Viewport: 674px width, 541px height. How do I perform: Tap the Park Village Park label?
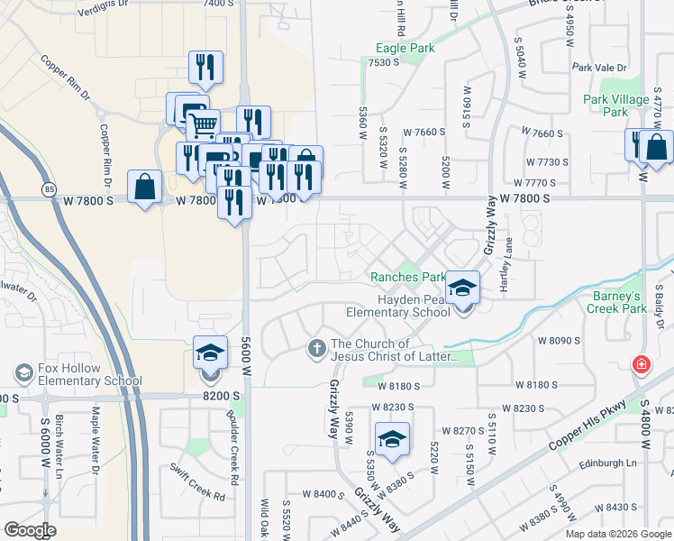616,105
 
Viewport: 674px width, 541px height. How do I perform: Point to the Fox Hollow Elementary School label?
90,375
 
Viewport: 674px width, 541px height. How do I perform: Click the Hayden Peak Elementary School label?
398,306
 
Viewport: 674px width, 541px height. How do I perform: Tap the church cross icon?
316,348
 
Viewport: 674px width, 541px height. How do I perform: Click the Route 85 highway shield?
49,188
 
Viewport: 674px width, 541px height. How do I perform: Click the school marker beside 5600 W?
210,353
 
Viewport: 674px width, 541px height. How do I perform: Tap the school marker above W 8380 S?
392,439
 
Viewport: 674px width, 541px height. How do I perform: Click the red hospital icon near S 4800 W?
640,365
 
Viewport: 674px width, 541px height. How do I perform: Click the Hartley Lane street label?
508,257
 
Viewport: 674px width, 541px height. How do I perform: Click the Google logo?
30,530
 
